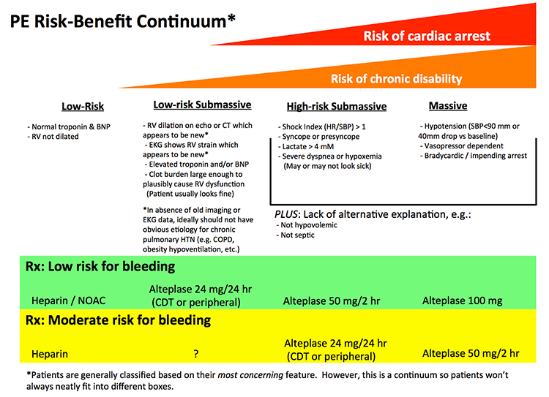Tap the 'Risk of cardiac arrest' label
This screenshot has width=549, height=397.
click(x=427, y=36)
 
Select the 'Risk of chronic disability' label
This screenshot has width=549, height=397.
click(x=396, y=79)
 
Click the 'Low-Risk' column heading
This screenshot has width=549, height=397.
click(x=83, y=107)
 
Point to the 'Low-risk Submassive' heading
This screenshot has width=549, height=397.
click(x=201, y=105)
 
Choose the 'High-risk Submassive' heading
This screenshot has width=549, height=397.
click(x=336, y=107)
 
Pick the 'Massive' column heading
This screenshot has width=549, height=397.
click(x=447, y=106)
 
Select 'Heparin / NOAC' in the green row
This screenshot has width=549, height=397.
click(x=67, y=300)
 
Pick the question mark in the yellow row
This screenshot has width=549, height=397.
click(x=196, y=354)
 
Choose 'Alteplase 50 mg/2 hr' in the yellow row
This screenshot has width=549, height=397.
click(x=471, y=353)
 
